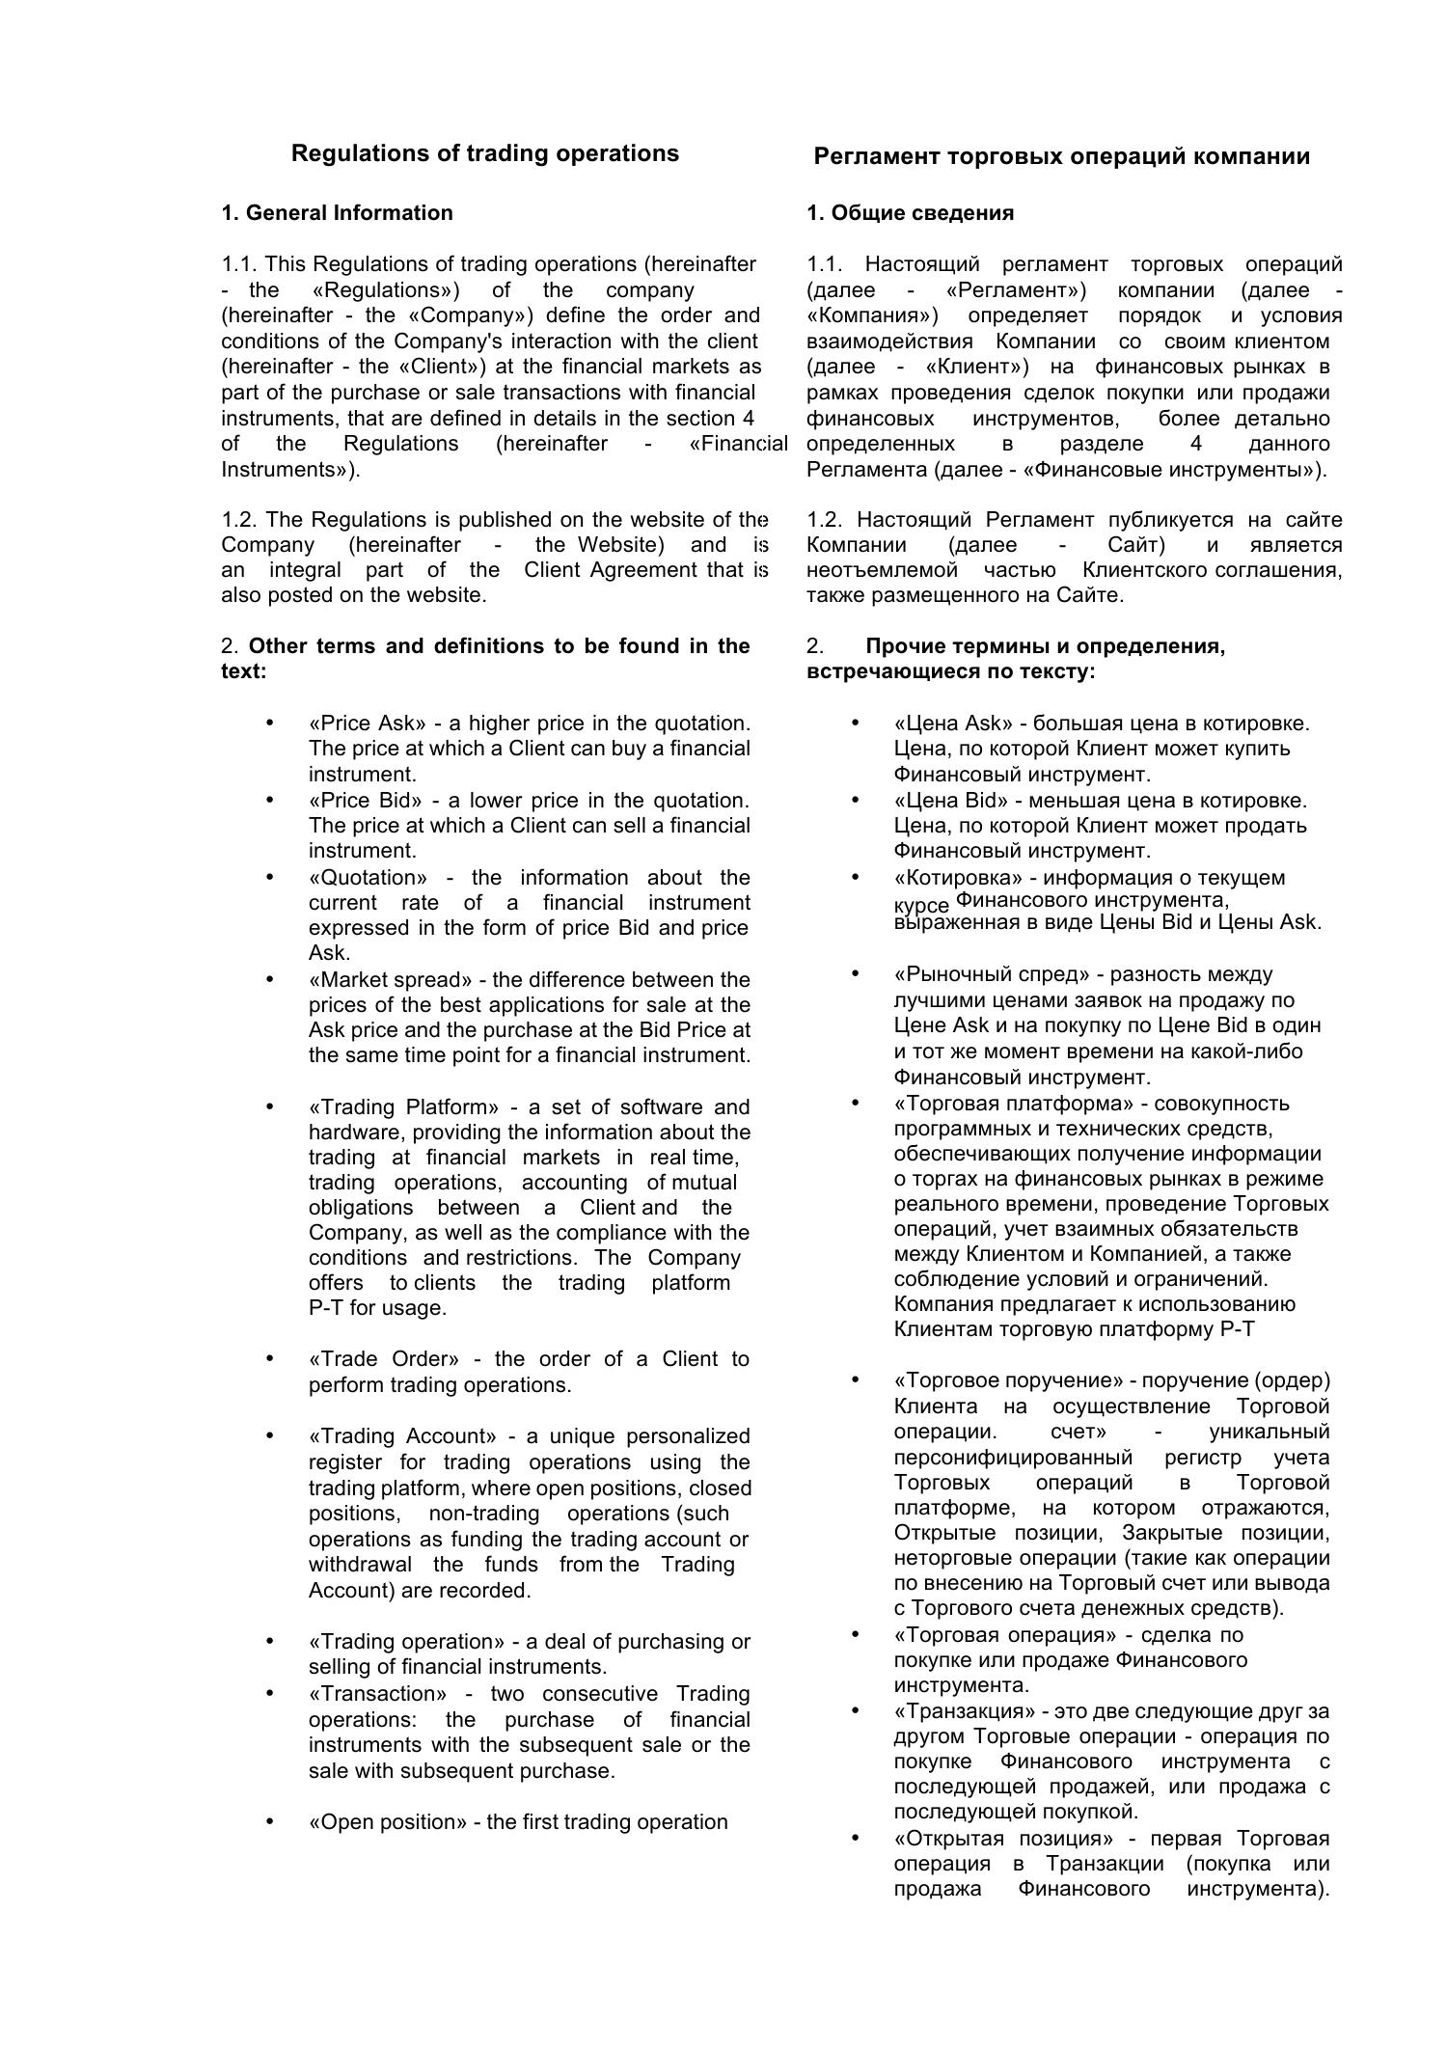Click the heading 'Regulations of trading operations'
point(484,153)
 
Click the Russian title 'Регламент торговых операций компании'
point(1061,156)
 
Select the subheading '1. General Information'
point(337,213)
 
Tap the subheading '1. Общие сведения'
point(910,213)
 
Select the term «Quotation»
point(368,878)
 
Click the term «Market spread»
point(391,980)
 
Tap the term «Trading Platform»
point(404,1106)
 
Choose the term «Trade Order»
point(384,1359)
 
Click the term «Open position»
point(387,1822)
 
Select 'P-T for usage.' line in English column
point(377,1309)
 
